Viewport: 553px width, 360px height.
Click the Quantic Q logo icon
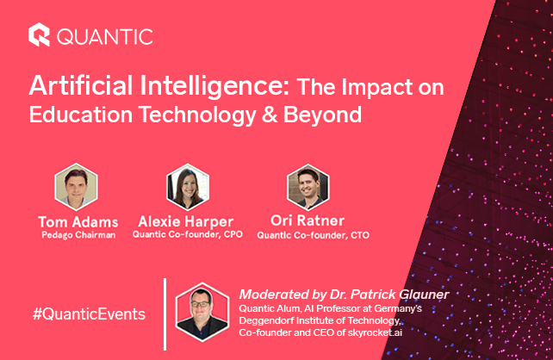click(40, 35)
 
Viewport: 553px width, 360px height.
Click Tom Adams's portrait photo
click(76, 185)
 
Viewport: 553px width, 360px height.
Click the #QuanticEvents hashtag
click(89, 313)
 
